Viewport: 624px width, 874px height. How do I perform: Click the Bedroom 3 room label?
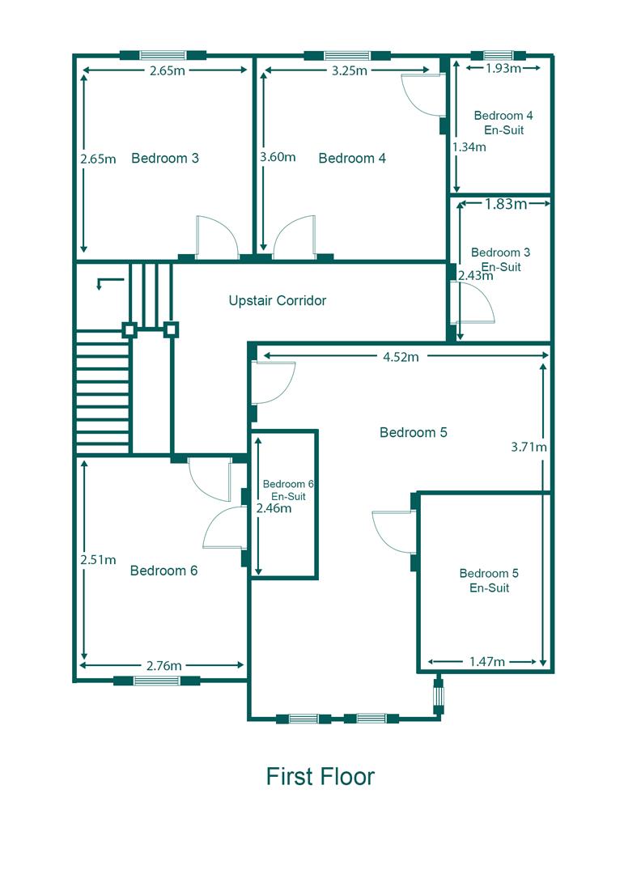point(165,159)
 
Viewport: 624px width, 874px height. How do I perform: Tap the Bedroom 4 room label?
point(352,159)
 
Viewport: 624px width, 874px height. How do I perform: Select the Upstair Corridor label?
point(277,300)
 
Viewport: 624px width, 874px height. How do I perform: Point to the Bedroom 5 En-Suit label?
point(489,580)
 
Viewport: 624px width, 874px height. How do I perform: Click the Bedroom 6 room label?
point(163,571)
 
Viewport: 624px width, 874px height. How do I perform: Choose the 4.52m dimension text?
point(401,358)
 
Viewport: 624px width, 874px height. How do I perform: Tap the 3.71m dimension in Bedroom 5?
point(528,447)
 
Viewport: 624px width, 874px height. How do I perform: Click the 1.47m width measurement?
point(487,662)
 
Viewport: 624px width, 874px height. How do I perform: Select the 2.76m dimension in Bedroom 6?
point(164,665)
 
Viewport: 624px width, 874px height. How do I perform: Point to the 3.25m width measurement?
point(350,70)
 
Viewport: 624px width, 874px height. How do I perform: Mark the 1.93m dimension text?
point(503,69)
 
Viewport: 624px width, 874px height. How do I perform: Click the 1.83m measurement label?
point(506,204)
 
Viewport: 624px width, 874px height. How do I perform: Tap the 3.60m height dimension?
point(278,157)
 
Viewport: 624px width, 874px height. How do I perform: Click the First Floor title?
point(320,776)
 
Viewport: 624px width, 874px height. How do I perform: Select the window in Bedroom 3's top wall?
point(163,55)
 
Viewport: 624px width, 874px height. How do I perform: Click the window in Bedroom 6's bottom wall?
point(157,681)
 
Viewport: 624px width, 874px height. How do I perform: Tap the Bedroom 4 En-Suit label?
point(503,123)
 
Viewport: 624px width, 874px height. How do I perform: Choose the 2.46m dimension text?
point(274,508)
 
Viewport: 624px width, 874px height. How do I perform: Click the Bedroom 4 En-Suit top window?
point(498,55)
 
